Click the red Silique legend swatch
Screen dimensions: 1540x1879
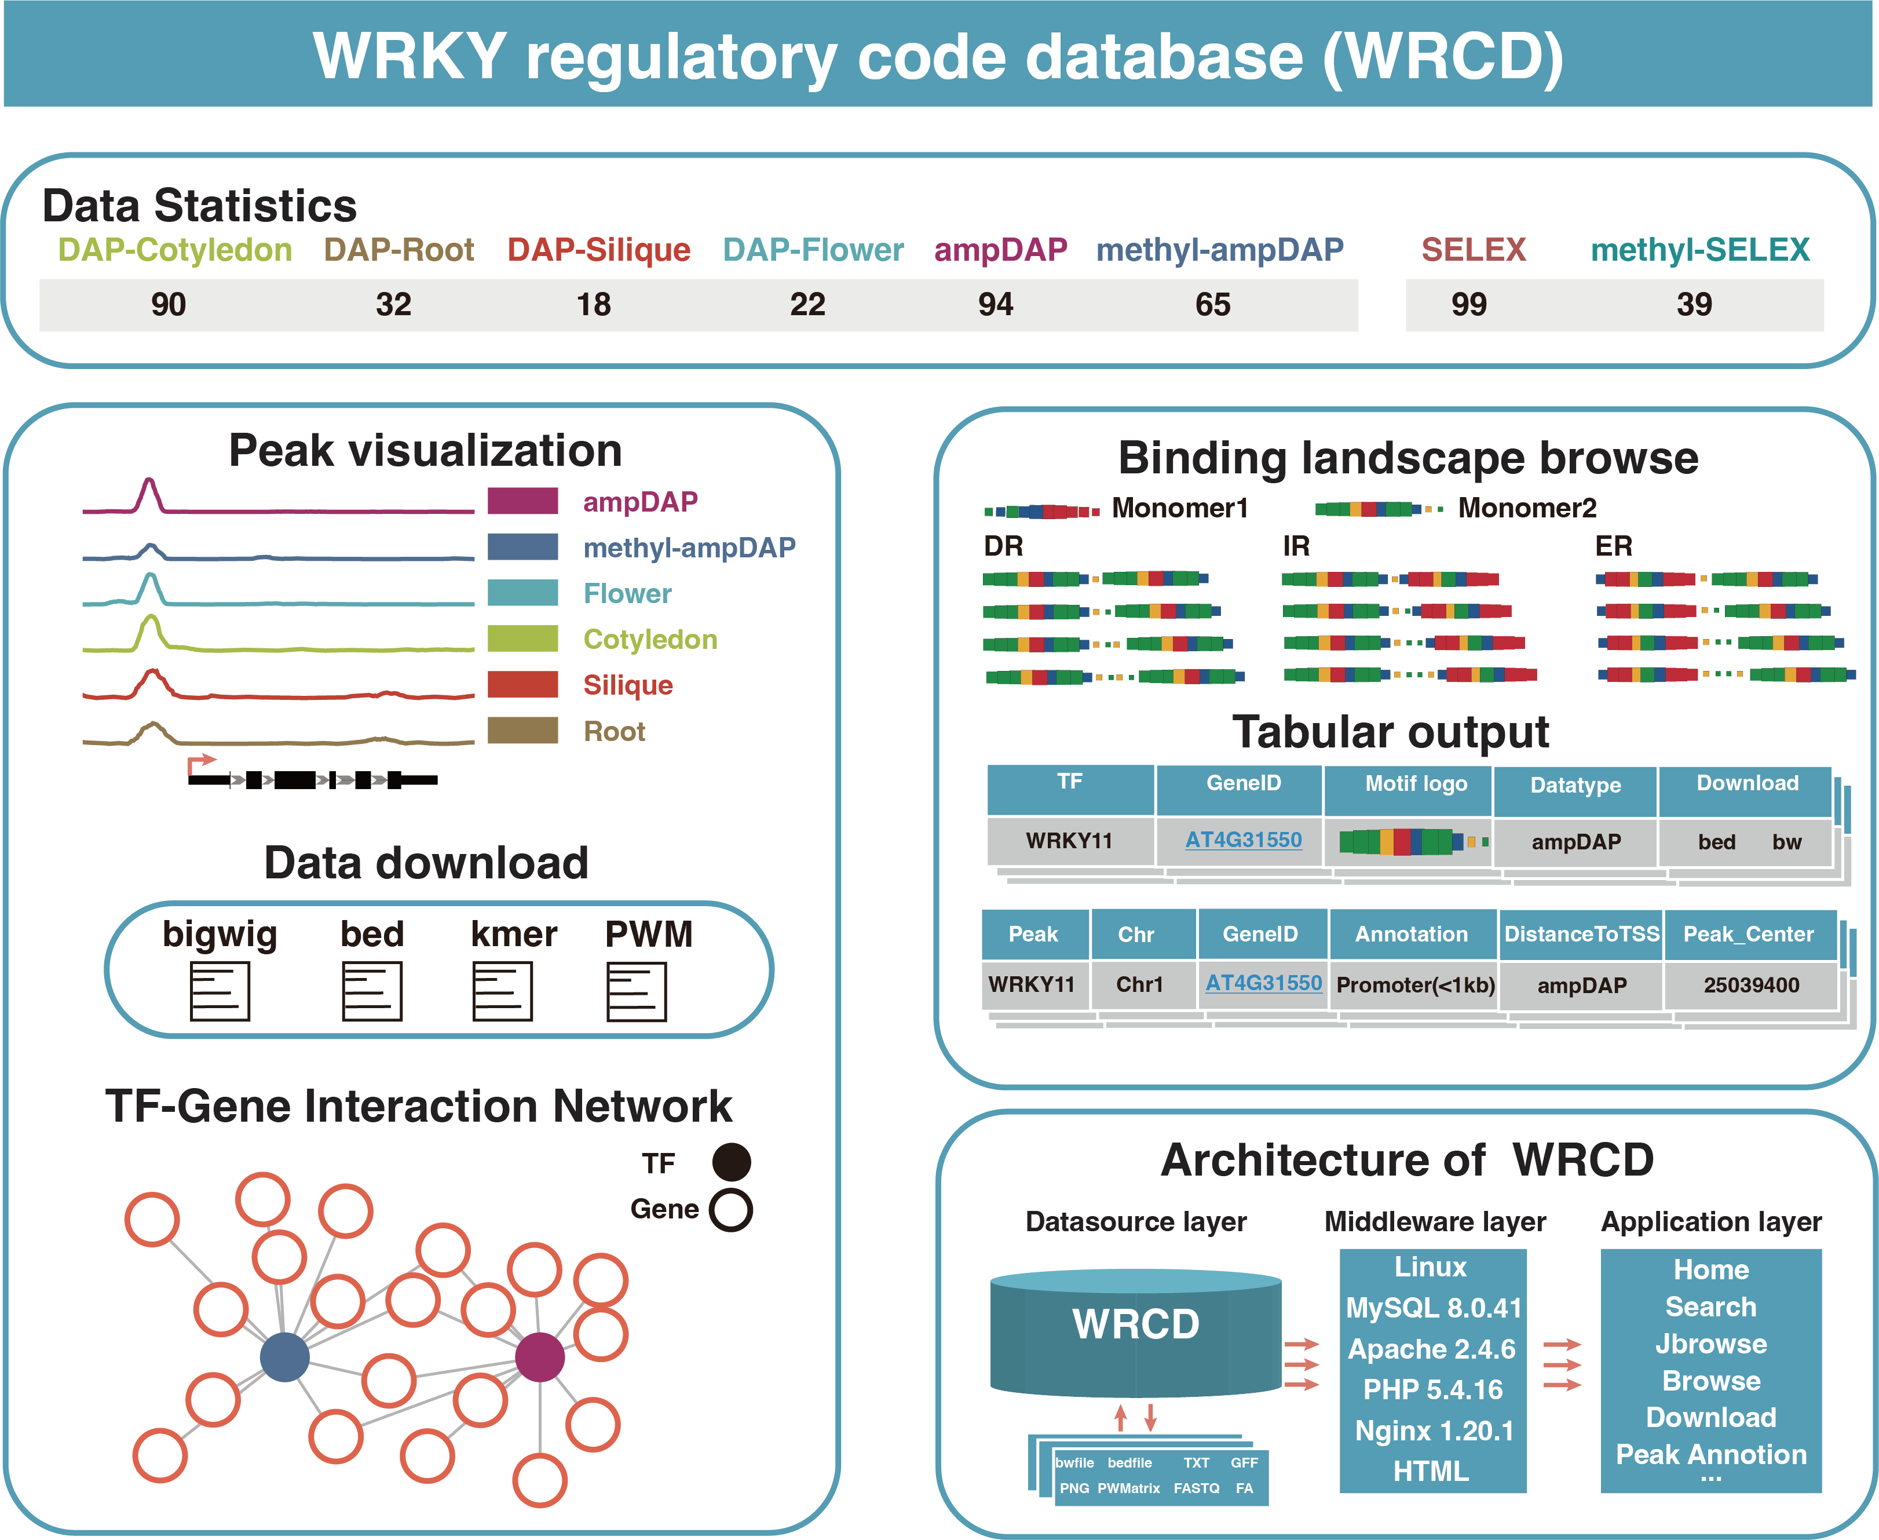click(522, 684)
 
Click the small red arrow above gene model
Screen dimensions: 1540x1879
click(202, 762)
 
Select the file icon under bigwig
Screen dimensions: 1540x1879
click(220, 991)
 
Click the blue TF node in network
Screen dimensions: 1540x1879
click(284, 1357)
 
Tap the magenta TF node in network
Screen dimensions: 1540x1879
click(539, 1356)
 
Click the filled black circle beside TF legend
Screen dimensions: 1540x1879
click(732, 1162)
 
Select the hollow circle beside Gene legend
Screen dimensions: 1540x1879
click(732, 1209)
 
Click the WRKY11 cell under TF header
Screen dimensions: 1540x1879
click(1069, 841)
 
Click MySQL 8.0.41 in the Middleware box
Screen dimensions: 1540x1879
click(1433, 1308)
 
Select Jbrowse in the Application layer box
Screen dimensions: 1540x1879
click(1710, 1344)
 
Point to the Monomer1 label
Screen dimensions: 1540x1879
click(1179, 508)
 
